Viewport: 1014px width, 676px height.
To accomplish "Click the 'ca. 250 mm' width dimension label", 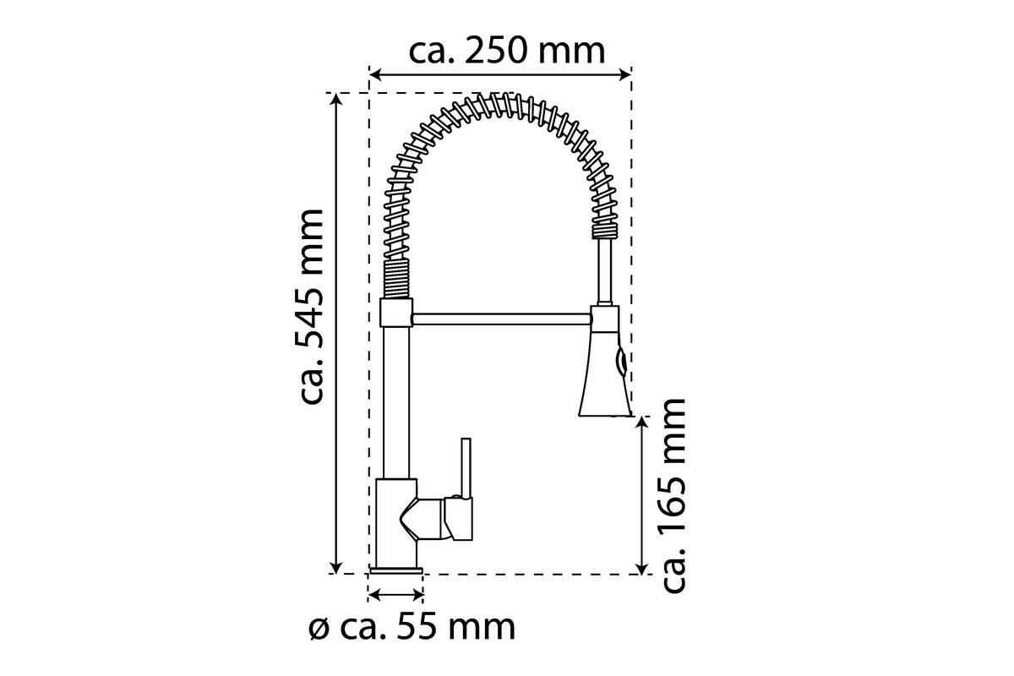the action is pyautogui.click(x=506, y=52).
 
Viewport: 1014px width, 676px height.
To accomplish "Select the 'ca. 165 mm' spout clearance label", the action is pyautogui.click(x=673, y=496).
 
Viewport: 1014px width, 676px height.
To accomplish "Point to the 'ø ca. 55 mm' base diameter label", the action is pyautogui.click(x=412, y=627).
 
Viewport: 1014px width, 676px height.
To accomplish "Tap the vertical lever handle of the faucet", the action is pyautogui.click(x=466, y=468).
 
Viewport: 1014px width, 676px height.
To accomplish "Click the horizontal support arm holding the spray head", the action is pyautogui.click(x=502, y=319).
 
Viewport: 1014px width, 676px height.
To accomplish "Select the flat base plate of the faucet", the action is pyautogui.click(x=396, y=570).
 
